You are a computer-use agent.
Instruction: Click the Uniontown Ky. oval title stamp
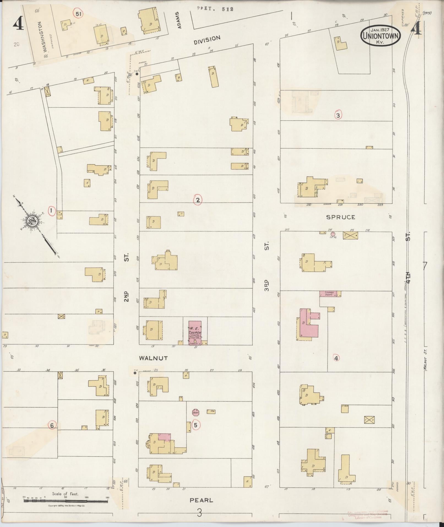(381, 36)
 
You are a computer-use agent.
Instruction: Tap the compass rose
(32, 221)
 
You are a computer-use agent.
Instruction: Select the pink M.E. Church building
(195, 333)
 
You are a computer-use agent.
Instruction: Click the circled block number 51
(78, 14)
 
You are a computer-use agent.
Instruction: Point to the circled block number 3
(338, 115)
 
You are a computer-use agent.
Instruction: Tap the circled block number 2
(198, 200)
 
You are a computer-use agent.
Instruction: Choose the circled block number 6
(51, 425)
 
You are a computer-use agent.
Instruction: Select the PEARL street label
(201, 500)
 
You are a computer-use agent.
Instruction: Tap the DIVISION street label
(207, 40)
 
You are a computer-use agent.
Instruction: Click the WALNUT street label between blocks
(153, 358)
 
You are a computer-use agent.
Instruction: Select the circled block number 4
(336, 358)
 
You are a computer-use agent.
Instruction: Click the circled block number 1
(51, 211)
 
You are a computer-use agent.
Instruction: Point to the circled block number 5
(195, 425)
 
